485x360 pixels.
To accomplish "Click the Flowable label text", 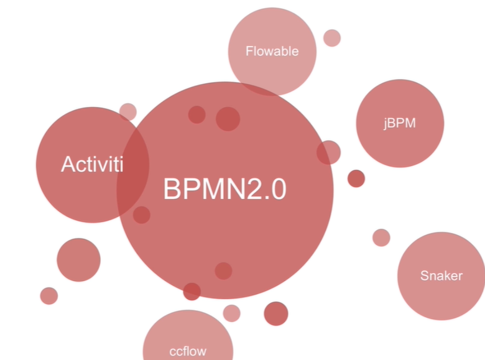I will tap(272, 52).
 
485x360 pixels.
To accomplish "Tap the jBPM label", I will tap(399, 123).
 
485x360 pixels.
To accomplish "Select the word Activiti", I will tap(92, 165).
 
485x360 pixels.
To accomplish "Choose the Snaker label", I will tap(441, 275).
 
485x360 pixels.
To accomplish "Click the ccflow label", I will tap(187, 351).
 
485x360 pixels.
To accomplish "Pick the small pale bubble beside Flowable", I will tap(332, 38).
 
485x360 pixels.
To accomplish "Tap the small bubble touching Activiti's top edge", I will tap(127, 112).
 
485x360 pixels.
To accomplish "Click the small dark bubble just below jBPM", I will tap(356, 178).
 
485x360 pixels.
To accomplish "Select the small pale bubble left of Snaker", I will tap(381, 238).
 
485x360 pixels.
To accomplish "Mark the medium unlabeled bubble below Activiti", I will tap(78, 260).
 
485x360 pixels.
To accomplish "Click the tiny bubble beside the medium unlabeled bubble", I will tap(48, 296).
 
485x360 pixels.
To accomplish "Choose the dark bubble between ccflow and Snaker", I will tap(276, 313).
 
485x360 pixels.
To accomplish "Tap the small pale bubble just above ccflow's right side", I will tap(231, 313).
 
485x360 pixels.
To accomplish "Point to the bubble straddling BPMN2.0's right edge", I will tap(329, 152).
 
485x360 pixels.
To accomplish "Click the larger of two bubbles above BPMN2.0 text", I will tap(228, 119).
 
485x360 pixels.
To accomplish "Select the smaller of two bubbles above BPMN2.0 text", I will tap(196, 114).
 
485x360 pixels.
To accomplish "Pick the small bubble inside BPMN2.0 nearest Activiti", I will tap(142, 215).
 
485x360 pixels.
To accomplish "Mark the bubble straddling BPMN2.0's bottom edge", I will tap(192, 292).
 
